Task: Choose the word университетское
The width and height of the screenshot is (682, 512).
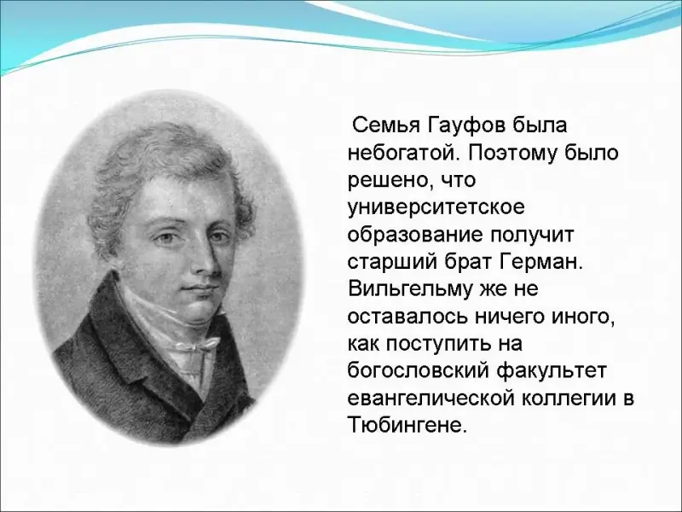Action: click(436, 208)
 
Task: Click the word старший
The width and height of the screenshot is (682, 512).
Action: click(392, 263)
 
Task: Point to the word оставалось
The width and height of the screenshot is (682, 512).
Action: click(407, 317)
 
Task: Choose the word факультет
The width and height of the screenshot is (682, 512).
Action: click(551, 372)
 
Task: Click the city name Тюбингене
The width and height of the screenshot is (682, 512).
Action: click(407, 426)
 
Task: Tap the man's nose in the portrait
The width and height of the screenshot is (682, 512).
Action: click(207, 258)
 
